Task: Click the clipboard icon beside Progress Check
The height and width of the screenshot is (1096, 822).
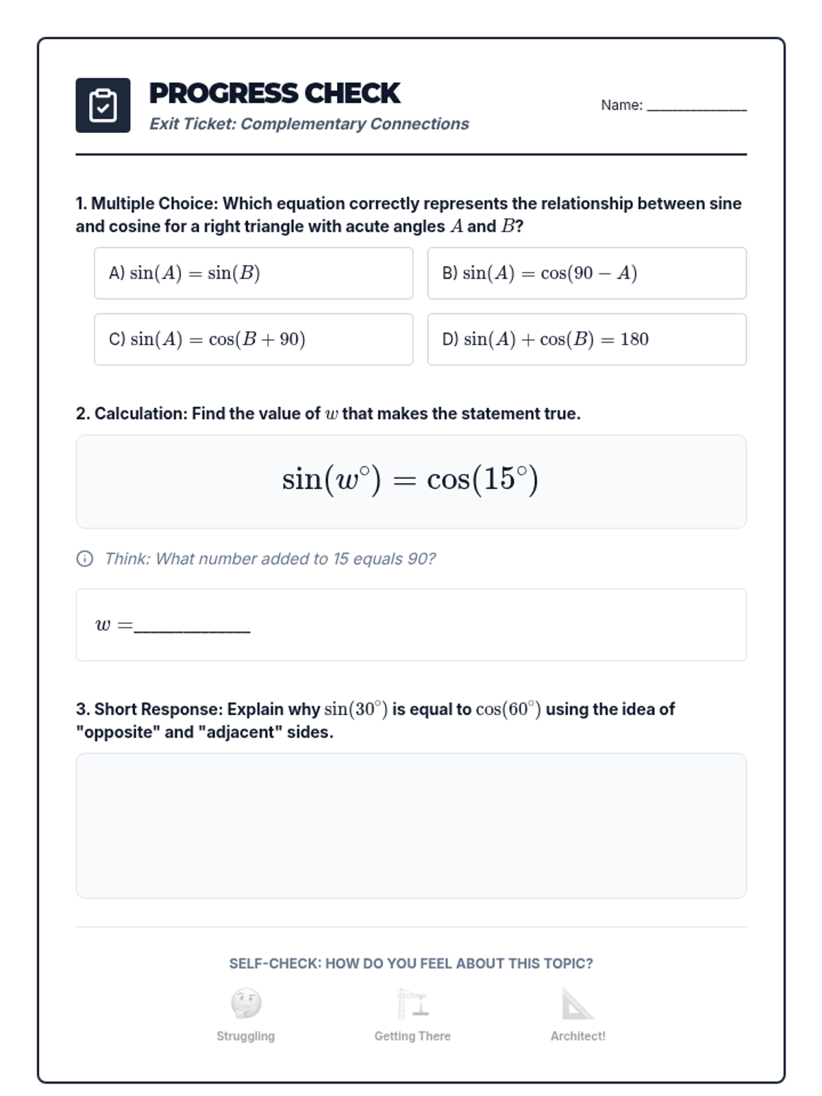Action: [x=103, y=105]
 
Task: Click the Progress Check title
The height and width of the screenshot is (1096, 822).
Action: [x=274, y=93]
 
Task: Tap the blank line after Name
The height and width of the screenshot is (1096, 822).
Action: [x=696, y=107]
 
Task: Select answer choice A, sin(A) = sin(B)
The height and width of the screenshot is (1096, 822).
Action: [x=253, y=273]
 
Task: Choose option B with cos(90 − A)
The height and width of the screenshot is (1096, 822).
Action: [x=586, y=273]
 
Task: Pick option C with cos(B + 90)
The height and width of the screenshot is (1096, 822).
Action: [x=253, y=339]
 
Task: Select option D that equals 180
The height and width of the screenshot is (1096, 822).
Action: [x=586, y=339]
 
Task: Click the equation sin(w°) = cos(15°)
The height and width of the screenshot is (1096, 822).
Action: [x=410, y=480]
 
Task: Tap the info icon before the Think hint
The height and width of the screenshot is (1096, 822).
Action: [x=84, y=559]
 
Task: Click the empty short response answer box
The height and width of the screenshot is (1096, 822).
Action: [x=411, y=825]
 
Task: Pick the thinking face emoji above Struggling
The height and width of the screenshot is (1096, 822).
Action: [x=246, y=1004]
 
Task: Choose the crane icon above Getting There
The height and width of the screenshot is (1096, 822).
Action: [x=412, y=1004]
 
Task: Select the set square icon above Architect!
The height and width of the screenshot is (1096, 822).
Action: [x=577, y=1004]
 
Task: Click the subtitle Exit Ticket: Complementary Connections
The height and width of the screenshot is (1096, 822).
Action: [x=309, y=124]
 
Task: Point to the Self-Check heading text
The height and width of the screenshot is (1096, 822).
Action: [x=411, y=964]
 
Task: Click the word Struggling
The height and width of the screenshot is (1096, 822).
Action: [x=245, y=1036]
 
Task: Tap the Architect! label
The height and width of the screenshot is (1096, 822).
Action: [x=577, y=1036]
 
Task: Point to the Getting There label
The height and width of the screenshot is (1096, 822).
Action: [x=412, y=1036]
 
